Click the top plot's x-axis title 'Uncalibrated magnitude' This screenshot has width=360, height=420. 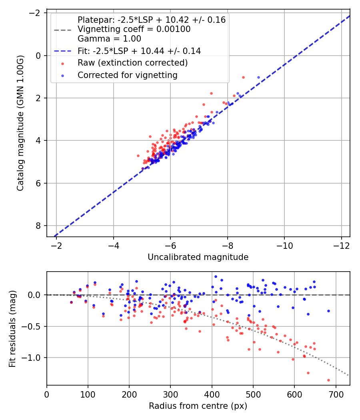point(198,257)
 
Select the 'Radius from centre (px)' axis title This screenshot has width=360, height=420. point(198,406)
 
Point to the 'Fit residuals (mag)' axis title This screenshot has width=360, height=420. point(12,329)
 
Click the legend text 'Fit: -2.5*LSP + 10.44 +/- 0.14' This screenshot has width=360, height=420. point(139,51)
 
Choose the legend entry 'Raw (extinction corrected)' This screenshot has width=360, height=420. point(132,63)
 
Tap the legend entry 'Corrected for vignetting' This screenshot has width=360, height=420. point(128,75)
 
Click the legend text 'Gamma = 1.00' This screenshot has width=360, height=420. point(109,39)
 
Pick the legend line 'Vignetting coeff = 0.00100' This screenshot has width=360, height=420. point(134,29)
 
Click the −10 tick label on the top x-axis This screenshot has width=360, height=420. point(284,245)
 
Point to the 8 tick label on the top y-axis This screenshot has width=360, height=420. point(38,226)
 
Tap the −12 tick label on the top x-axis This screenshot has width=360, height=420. point(341,245)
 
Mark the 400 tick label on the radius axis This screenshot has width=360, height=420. point(212,394)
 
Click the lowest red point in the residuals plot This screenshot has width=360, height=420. point(328,380)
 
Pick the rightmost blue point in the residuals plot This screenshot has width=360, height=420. point(328,311)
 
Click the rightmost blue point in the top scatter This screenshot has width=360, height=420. point(258,77)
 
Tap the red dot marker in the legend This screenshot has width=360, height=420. point(62,63)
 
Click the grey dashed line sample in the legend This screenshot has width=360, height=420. point(62,30)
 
